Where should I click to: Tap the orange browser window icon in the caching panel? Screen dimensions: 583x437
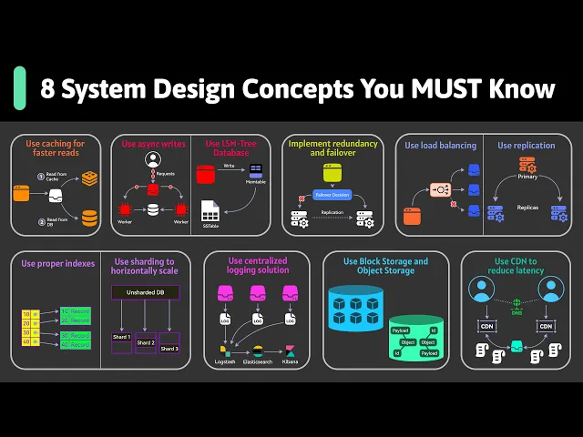tap(23, 194)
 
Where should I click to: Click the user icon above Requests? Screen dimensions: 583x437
tap(153, 160)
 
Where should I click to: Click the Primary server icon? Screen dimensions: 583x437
tap(527, 165)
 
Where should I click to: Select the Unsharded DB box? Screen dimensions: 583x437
tap(146, 292)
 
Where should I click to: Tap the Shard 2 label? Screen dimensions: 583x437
tap(146, 341)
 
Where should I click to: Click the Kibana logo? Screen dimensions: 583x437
tap(290, 351)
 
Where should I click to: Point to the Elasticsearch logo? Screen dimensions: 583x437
tap(257, 351)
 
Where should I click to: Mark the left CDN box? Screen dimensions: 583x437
tap(486, 326)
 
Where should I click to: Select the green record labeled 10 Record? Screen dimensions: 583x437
tap(76, 312)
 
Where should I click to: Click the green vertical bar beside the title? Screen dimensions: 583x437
tap(19, 88)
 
